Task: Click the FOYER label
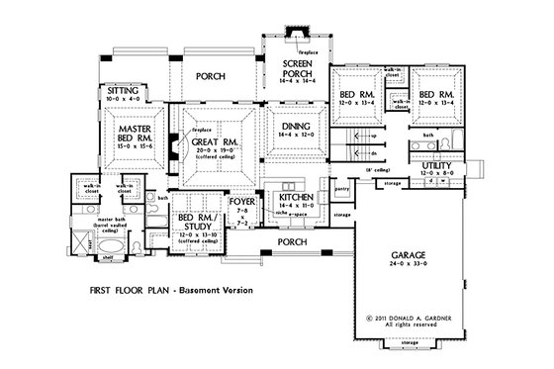tap(242, 201)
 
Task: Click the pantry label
tap(341, 186)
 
